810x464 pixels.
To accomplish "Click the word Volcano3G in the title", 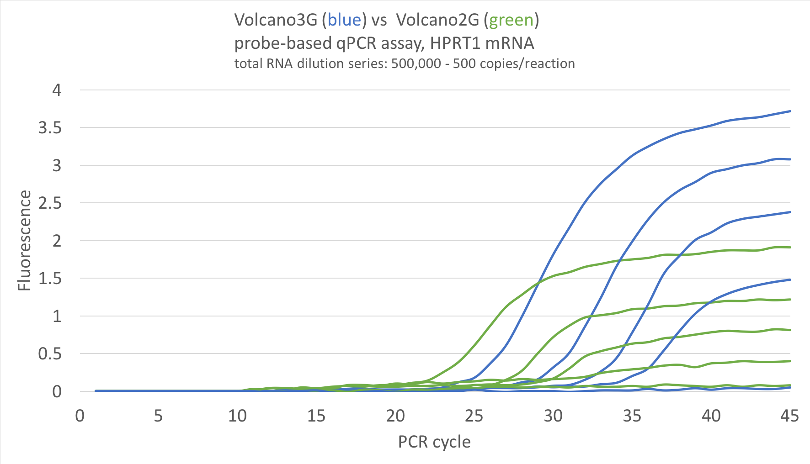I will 276,20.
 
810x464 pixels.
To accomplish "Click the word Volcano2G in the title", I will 437,20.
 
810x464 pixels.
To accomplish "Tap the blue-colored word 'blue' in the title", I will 345,20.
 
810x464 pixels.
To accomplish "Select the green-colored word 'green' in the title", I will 511,20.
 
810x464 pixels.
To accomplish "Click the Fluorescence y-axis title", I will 24,240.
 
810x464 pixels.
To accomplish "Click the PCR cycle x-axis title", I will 434,442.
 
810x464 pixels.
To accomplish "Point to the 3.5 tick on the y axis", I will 50,128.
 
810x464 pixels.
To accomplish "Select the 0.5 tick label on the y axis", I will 50,354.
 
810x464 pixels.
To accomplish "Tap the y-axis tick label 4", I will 57,90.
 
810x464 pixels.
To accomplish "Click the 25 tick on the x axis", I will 474,416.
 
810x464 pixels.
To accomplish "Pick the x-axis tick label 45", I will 789,416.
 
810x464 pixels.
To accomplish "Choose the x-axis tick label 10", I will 237,416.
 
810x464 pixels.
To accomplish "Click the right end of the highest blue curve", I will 790,111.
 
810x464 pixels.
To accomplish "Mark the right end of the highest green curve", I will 790,248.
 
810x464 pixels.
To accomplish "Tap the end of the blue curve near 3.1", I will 790,159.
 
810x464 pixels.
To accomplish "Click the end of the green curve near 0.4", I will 790,361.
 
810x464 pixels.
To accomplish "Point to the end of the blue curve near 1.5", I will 790,279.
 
